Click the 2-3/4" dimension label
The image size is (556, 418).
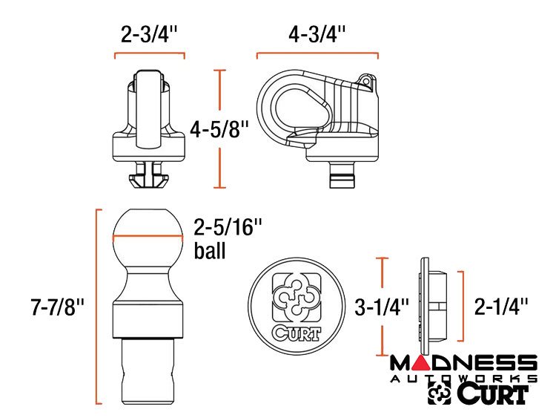149,34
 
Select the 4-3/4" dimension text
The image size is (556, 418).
317,34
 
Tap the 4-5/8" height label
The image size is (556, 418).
219,128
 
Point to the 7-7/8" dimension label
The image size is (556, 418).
57,307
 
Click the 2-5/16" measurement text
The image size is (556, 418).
228,226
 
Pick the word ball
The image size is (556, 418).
210,250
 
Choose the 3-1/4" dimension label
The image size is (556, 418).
382,307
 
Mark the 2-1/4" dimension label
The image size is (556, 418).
501,306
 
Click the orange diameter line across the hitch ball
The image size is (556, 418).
148,236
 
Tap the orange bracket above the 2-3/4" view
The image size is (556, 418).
149,54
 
